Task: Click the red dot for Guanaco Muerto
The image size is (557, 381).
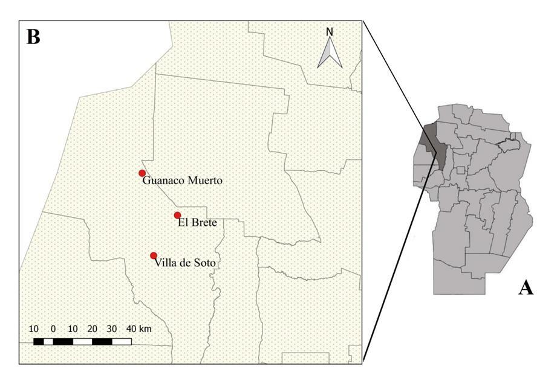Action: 142,173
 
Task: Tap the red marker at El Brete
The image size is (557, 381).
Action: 177,215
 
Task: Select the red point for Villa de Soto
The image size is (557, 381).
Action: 154,255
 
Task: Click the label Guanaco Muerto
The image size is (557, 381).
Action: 183,181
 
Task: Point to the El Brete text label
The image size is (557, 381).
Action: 197,223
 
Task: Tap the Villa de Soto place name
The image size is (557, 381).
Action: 185,263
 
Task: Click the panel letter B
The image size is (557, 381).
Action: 33,37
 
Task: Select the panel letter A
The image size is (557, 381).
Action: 526,288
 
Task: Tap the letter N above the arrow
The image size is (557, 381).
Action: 330,31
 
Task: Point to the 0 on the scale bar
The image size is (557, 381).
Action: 53,328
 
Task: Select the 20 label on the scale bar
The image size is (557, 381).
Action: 92,328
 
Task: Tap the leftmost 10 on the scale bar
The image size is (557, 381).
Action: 34,328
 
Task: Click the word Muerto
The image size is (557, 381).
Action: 205,181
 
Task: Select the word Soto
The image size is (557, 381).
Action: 204,263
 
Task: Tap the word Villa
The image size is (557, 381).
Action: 166,263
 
